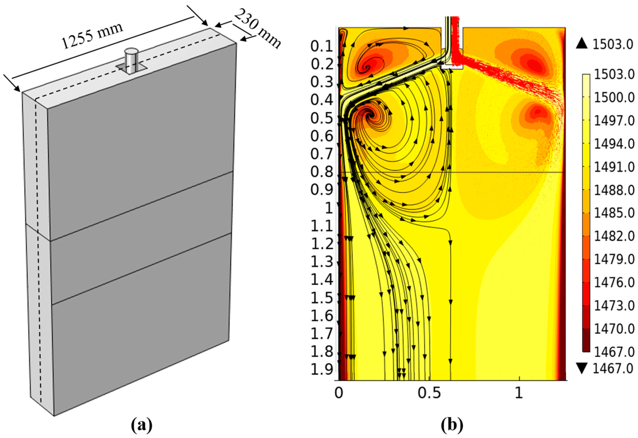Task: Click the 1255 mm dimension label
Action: pyautogui.click(x=92, y=36)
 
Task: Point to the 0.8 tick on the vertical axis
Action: pyautogui.click(x=322, y=172)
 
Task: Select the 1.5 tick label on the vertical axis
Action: pyautogui.click(x=322, y=298)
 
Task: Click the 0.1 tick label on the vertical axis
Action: pyautogui.click(x=322, y=47)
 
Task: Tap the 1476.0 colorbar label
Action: pyautogui.click(x=614, y=283)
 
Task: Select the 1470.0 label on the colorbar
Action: pyautogui.click(x=614, y=329)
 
